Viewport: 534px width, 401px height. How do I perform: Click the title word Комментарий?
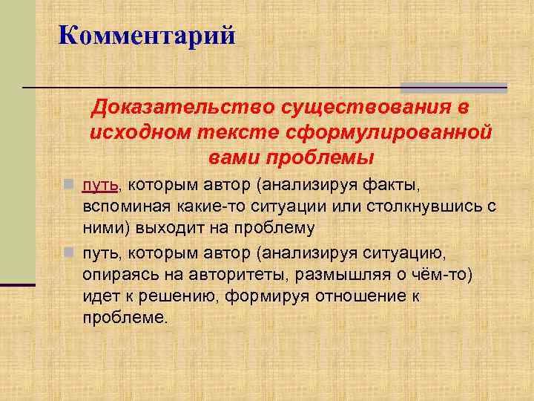(x=146, y=35)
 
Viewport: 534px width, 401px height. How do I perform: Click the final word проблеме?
(x=125, y=319)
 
